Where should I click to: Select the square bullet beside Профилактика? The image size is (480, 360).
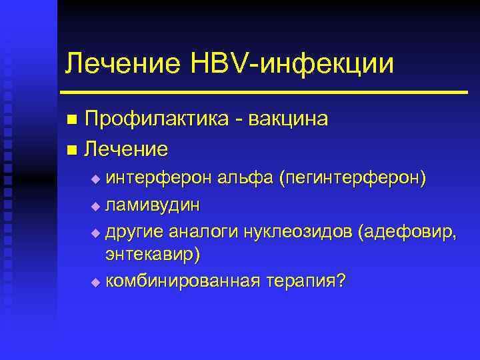(72, 120)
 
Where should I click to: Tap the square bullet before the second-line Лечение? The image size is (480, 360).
(72, 149)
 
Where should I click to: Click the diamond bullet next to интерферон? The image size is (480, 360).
(95, 179)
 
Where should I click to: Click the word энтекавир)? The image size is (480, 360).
(153, 255)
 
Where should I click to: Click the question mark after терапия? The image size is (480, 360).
(342, 279)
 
